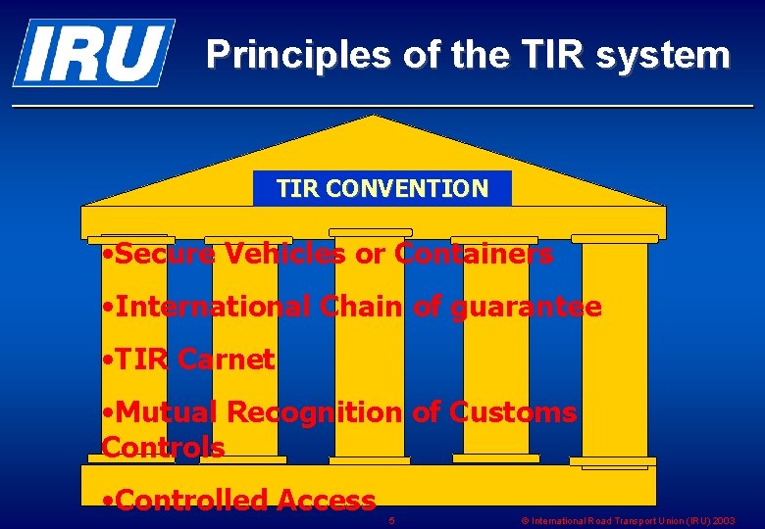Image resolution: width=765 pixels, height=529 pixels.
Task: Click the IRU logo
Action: point(93,52)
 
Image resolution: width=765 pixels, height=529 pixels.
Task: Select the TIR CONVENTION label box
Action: point(382,188)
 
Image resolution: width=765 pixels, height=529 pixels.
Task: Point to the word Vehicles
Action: point(284,255)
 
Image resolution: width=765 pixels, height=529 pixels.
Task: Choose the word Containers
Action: point(474,255)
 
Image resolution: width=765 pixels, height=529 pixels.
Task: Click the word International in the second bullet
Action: point(212,308)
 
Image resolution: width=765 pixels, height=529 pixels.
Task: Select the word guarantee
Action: point(527,308)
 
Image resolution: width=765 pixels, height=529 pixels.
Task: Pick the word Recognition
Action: point(315,412)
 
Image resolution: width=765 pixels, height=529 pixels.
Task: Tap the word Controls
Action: point(163,448)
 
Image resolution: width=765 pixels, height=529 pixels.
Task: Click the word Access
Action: point(326,501)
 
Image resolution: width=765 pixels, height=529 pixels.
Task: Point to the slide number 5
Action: point(391,520)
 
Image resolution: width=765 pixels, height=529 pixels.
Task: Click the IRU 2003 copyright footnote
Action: point(628,521)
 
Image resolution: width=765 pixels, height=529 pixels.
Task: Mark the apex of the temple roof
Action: point(374,118)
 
